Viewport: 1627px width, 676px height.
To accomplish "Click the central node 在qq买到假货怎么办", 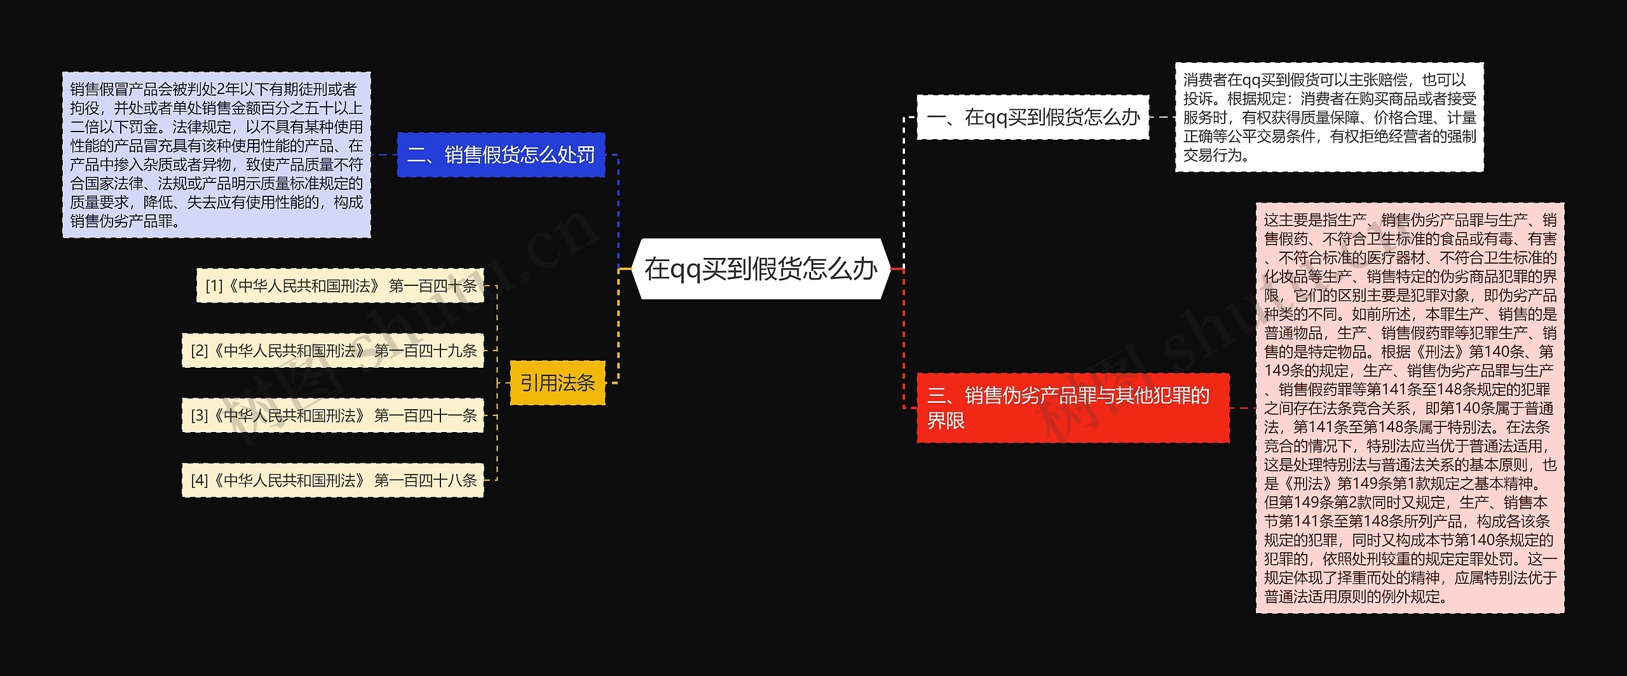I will tap(760, 269).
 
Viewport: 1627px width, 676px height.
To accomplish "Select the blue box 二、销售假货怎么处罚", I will tap(501, 155).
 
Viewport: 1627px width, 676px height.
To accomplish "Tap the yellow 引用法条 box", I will tap(557, 382).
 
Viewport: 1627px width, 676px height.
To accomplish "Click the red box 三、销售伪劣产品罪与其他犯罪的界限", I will tap(1072, 408).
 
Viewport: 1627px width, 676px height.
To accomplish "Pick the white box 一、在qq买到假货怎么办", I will tap(1033, 117).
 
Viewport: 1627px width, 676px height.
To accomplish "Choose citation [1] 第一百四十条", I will tap(341, 286).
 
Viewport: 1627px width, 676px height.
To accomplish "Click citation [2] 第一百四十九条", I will tap(333, 351).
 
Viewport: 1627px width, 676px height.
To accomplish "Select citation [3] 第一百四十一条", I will tap(333, 416).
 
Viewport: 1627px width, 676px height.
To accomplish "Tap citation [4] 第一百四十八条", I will tap(333, 480).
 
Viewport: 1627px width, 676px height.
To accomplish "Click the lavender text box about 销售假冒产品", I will tap(216, 155).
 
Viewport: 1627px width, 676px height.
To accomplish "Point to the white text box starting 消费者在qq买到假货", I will tap(1329, 117).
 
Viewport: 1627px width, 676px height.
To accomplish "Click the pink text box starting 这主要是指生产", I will tap(1410, 408).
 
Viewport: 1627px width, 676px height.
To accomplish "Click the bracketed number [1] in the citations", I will tap(214, 286).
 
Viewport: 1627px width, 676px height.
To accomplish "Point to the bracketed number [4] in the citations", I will tap(200, 480).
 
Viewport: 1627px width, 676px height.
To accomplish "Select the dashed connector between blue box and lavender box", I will tap(384, 155).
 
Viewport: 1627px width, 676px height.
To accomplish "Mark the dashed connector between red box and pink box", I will tap(1242, 408).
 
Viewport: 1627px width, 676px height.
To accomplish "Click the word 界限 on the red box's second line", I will tap(946, 421).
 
